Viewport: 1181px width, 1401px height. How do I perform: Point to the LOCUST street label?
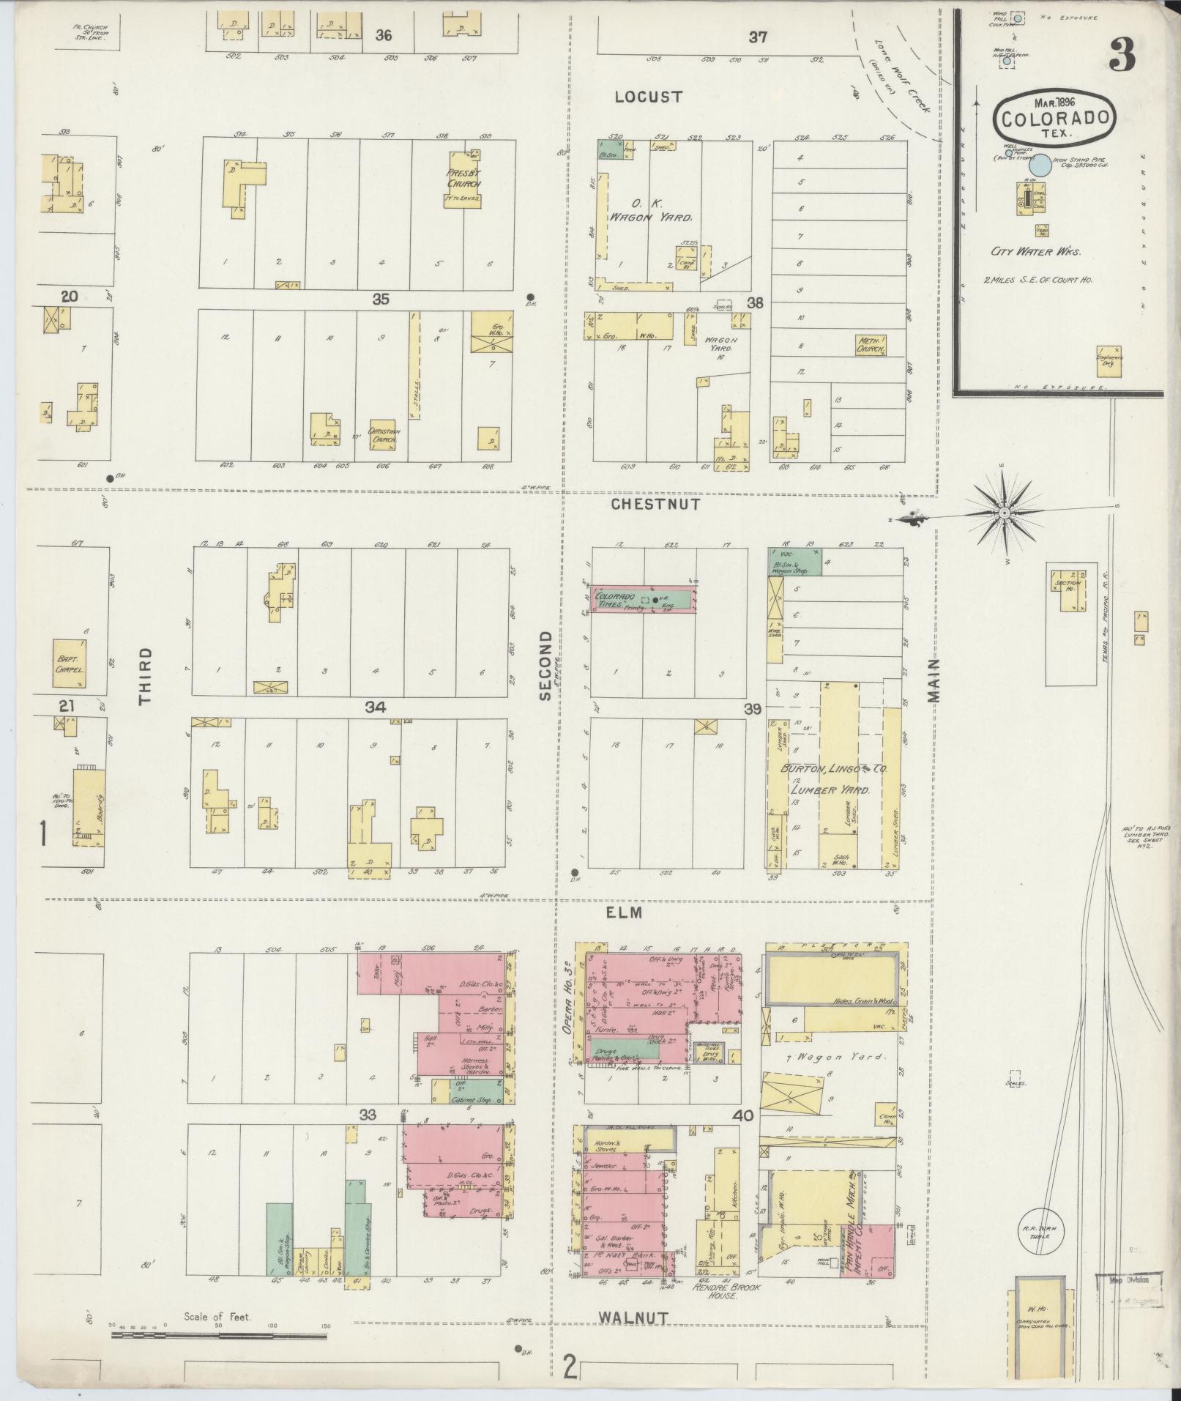click(649, 97)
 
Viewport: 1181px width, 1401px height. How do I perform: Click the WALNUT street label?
click(633, 1318)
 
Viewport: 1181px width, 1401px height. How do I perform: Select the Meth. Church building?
click(871, 346)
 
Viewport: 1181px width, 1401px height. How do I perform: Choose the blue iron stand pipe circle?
click(1042, 166)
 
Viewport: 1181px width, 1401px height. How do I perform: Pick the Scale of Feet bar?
click(219, 1336)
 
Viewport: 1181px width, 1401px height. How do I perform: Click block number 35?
click(380, 299)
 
